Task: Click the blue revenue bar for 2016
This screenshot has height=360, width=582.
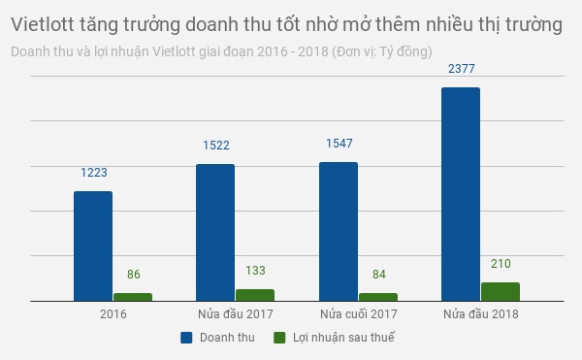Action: (93, 245)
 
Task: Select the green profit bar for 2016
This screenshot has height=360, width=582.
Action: (133, 297)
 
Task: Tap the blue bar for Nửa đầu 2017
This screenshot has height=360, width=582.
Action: (215, 232)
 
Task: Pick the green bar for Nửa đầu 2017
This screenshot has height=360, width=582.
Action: (255, 295)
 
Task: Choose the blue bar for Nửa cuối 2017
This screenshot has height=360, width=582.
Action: (339, 231)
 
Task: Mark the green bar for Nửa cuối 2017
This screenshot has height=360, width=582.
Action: (378, 297)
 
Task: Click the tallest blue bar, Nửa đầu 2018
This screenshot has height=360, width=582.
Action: (461, 194)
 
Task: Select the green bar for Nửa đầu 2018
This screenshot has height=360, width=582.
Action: (501, 291)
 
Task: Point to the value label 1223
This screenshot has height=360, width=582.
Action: (93, 173)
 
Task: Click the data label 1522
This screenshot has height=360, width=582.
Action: (215, 146)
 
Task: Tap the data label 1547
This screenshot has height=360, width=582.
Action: (339, 144)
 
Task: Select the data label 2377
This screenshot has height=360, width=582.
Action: (461, 69)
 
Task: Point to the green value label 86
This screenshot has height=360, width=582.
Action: (133, 275)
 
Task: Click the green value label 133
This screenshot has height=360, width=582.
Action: (255, 271)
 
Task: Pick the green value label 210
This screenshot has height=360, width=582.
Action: (501, 264)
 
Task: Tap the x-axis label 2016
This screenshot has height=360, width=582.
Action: (113, 314)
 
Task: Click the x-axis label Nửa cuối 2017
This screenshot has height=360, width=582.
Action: (358, 314)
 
